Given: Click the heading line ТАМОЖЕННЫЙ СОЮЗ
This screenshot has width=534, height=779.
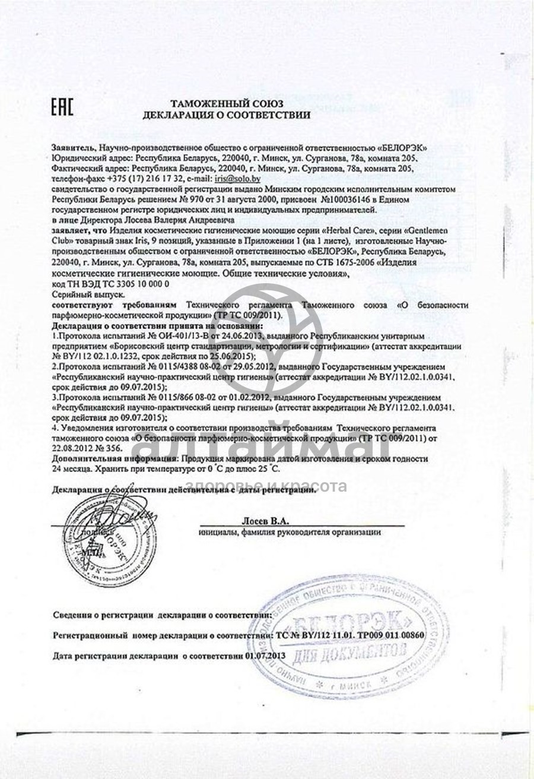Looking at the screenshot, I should click(227, 104).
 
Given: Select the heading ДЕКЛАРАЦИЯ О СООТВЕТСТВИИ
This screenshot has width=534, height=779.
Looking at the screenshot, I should click(226, 115).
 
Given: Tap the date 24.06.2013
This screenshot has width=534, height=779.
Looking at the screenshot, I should click(211, 335).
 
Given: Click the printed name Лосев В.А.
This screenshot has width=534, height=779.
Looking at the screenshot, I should click(265, 521).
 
